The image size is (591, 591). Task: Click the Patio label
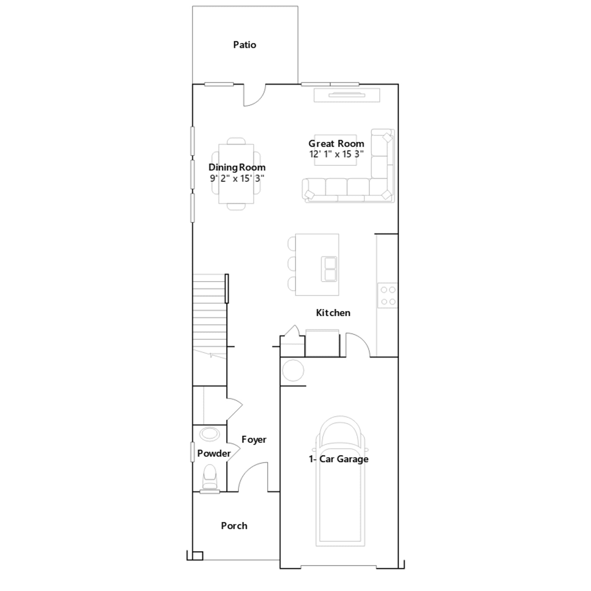pos(245,45)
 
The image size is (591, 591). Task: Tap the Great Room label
pos(336,143)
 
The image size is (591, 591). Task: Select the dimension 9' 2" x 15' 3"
pos(237,178)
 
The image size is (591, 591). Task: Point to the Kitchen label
pos(333,313)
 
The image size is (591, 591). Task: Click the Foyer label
pos(254,440)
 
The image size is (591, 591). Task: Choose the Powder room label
pos(214,453)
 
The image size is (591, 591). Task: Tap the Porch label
pos(234,526)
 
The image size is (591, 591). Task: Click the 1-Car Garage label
pos(339,459)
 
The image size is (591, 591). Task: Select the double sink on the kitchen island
pos(329,269)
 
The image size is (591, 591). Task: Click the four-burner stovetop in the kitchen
pos(388,295)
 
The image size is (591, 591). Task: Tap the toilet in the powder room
pos(210,477)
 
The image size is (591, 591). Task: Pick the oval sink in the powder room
pos(209,434)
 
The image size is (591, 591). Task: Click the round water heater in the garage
pos(293,370)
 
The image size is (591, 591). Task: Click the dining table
pos(236,174)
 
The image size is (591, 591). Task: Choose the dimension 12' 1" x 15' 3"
pos(337,154)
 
